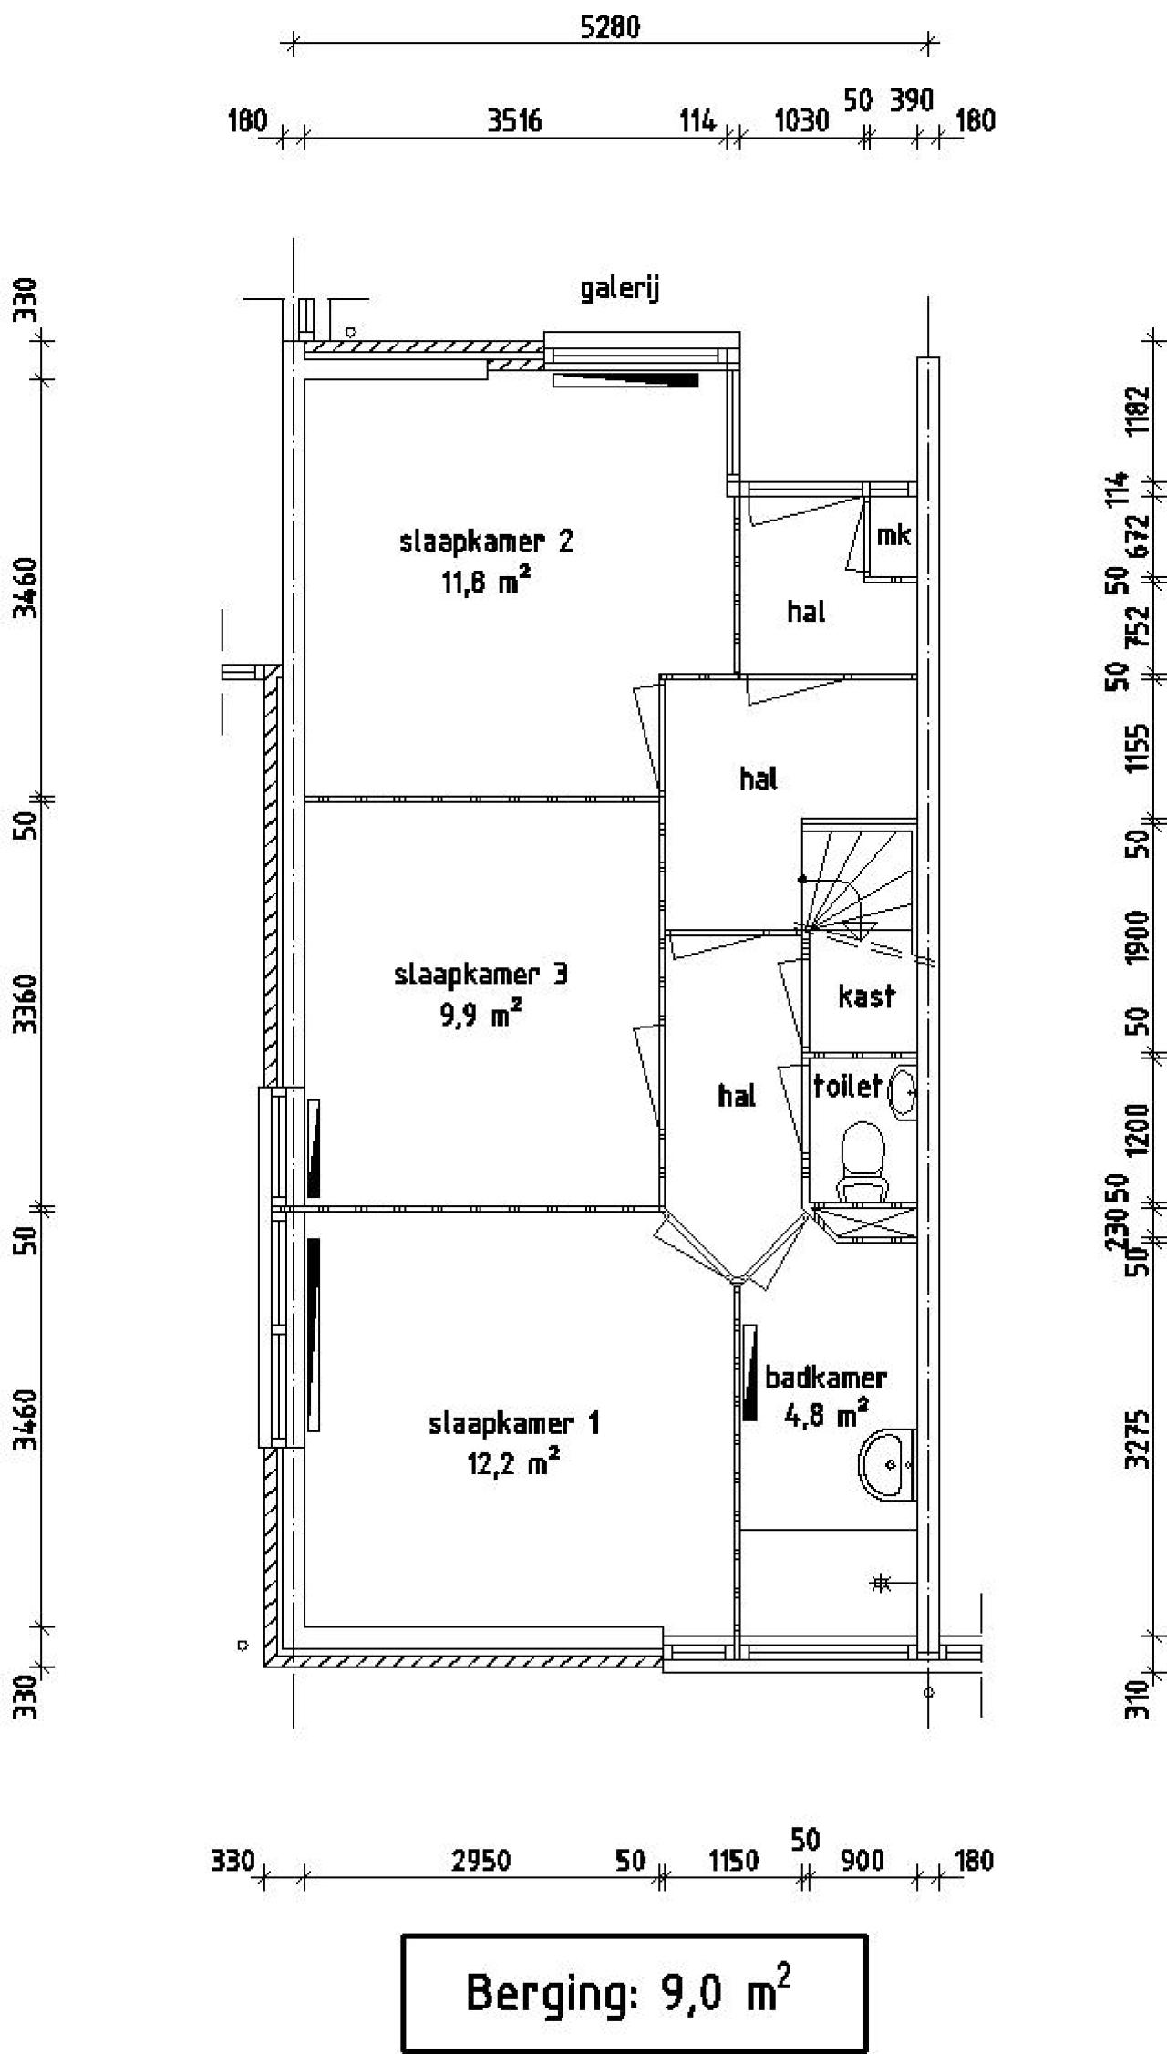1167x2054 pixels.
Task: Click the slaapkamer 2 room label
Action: click(486, 542)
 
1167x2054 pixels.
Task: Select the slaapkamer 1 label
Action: click(513, 1423)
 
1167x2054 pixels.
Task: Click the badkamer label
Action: click(825, 1377)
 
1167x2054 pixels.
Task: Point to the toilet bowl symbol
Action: click(862, 1159)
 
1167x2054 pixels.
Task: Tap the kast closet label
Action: click(866, 996)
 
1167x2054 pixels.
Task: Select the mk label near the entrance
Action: click(893, 535)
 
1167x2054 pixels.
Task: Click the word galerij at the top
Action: click(620, 289)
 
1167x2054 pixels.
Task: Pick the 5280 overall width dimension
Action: click(610, 26)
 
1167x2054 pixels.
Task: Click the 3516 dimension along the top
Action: click(514, 120)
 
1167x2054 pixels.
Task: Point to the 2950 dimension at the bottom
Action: click(480, 1861)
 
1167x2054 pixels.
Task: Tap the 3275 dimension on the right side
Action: click(1136, 1440)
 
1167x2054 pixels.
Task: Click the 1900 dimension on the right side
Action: click(1136, 936)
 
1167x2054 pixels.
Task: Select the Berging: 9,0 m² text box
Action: click(635, 1993)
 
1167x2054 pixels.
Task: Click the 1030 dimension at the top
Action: click(801, 120)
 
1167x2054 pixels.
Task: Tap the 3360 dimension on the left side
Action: click(27, 1003)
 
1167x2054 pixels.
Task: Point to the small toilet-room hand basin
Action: click(904, 1090)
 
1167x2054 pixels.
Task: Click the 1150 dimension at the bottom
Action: click(733, 1861)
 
